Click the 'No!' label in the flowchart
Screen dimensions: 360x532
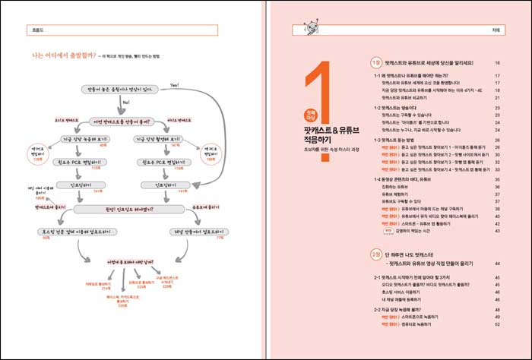125,102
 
